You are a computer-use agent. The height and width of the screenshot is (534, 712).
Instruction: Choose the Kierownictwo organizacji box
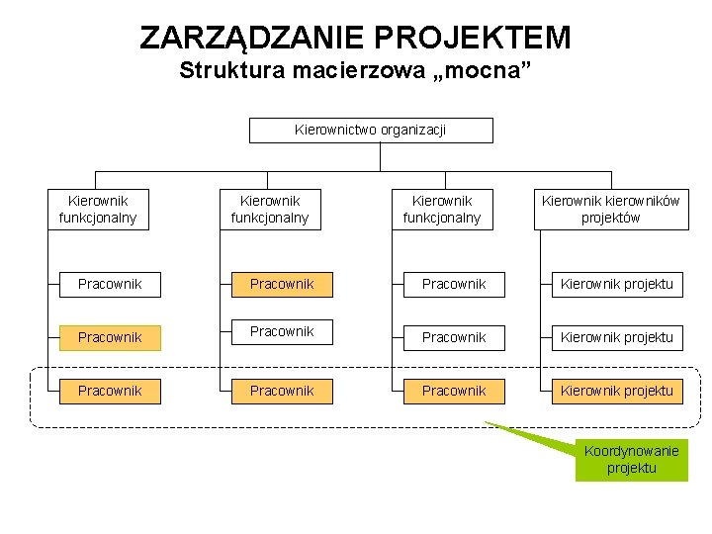[x=371, y=130]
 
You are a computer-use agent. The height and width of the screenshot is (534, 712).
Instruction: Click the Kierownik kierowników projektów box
[x=610, y=210]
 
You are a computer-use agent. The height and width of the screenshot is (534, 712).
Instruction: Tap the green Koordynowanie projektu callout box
[x=631, y=460]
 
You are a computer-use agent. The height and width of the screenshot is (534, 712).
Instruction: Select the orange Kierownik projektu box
[x=616, y=391]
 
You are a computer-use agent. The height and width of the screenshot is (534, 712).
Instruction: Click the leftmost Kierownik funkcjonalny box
[x=98, y=210]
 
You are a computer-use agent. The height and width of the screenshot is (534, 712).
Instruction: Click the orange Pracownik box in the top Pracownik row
[x=282, y=284]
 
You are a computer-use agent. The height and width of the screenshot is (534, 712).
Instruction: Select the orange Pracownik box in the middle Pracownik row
[x=110, y=337]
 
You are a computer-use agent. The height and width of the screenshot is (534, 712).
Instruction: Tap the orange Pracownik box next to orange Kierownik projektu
[x=454, y=391]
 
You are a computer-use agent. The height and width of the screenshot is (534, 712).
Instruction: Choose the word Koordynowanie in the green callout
[x=631, y=452]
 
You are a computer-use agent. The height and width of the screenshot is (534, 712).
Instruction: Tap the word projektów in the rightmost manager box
[x=610, y=218]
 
